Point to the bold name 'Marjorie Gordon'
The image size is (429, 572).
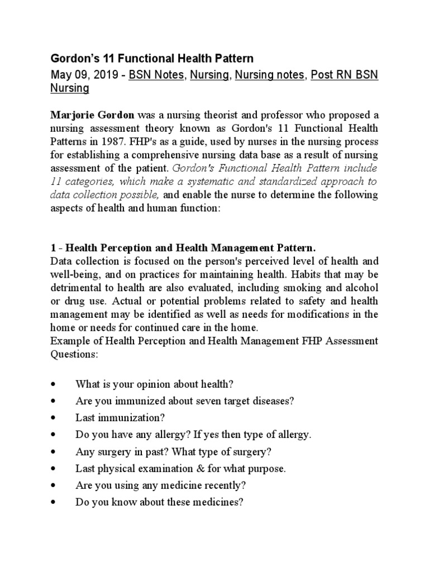(92, 115)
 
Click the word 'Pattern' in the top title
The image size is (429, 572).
(230, 58)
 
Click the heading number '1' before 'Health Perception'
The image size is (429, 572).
(53, 247)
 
